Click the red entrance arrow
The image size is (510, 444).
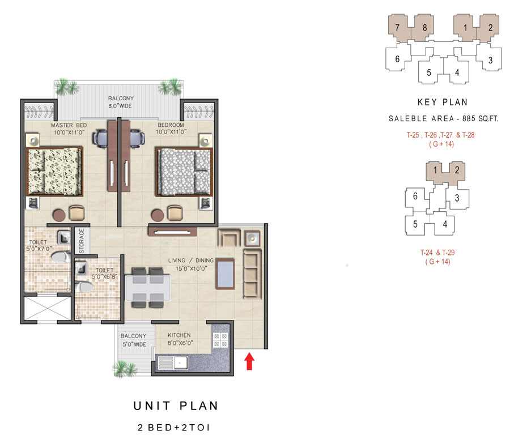coord(249,361)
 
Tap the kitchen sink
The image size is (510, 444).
coord(172,362)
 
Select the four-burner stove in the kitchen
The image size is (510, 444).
coord(220,340)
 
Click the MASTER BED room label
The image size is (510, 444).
coord(69,126)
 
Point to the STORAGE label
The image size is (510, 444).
coord(81,241)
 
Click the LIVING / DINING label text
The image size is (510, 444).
coord(191,261)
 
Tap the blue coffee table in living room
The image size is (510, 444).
coord(225,274)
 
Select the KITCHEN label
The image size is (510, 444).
coord(179,335)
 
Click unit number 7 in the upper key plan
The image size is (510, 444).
coord(397,28)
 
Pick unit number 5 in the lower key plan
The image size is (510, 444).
coord(415,224)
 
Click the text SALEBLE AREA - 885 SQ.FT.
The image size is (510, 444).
coord(443,118)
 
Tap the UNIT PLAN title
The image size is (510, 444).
coord(176,406)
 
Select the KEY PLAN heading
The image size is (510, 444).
coord(443,103)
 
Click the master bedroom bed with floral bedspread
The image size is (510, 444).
coord(54,172)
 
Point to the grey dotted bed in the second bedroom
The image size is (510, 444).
coord(184,172)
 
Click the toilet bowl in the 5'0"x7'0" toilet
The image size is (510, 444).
coord(61,257)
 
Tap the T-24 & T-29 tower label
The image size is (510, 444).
coord(437,253)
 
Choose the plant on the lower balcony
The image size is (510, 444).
coord(125,369)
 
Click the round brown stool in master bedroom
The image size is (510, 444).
coord(59,215)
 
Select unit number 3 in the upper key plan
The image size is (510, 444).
coord(490,60)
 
